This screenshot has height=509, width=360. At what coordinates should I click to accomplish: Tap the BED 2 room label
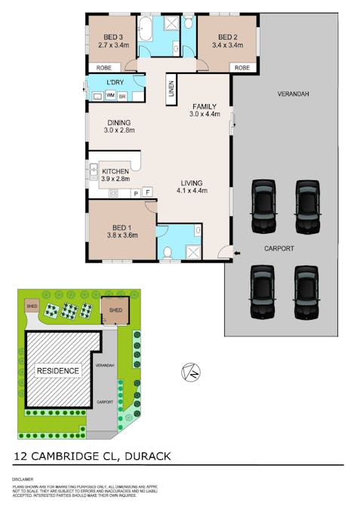228,36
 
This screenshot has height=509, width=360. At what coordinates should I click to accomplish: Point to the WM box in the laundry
110,96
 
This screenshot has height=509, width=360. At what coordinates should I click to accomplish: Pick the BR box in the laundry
122,96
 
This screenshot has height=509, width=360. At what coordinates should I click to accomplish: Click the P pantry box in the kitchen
136,193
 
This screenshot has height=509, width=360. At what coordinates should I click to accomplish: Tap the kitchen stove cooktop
113,194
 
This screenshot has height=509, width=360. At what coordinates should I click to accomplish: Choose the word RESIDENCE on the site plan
58,370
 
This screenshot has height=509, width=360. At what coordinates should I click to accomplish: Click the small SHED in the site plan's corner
32,306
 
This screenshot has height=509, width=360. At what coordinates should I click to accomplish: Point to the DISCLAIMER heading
23,479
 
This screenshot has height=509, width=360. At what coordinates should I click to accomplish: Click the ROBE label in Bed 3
103,68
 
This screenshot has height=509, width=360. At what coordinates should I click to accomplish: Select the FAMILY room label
204,106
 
